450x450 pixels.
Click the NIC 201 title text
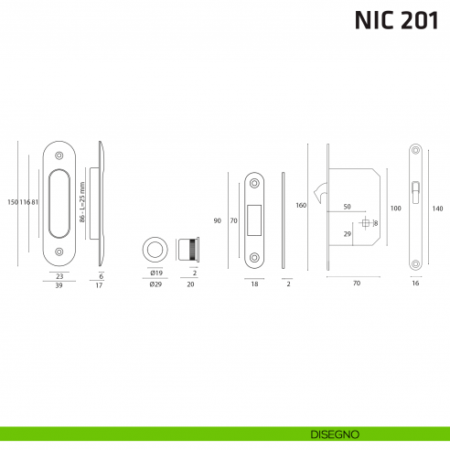click(x=391, y=21)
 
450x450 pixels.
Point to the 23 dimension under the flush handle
click(x=58, y=274)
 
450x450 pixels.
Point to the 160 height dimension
click(x=301, y=206)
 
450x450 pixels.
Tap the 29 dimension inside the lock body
click(x=348, y=235)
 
